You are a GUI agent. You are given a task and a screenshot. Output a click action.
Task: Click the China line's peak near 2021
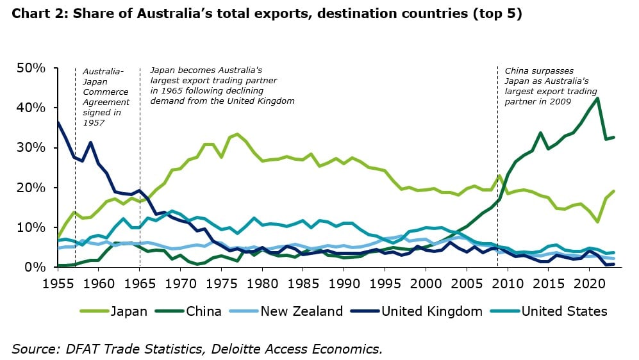[x=598, y=98]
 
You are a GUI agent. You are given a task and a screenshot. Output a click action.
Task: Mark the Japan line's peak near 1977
[x=238, y=134]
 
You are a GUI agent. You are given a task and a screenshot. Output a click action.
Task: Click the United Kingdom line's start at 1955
[x=58, y=122]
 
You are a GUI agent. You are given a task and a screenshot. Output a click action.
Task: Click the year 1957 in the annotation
[x=94, y=123]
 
